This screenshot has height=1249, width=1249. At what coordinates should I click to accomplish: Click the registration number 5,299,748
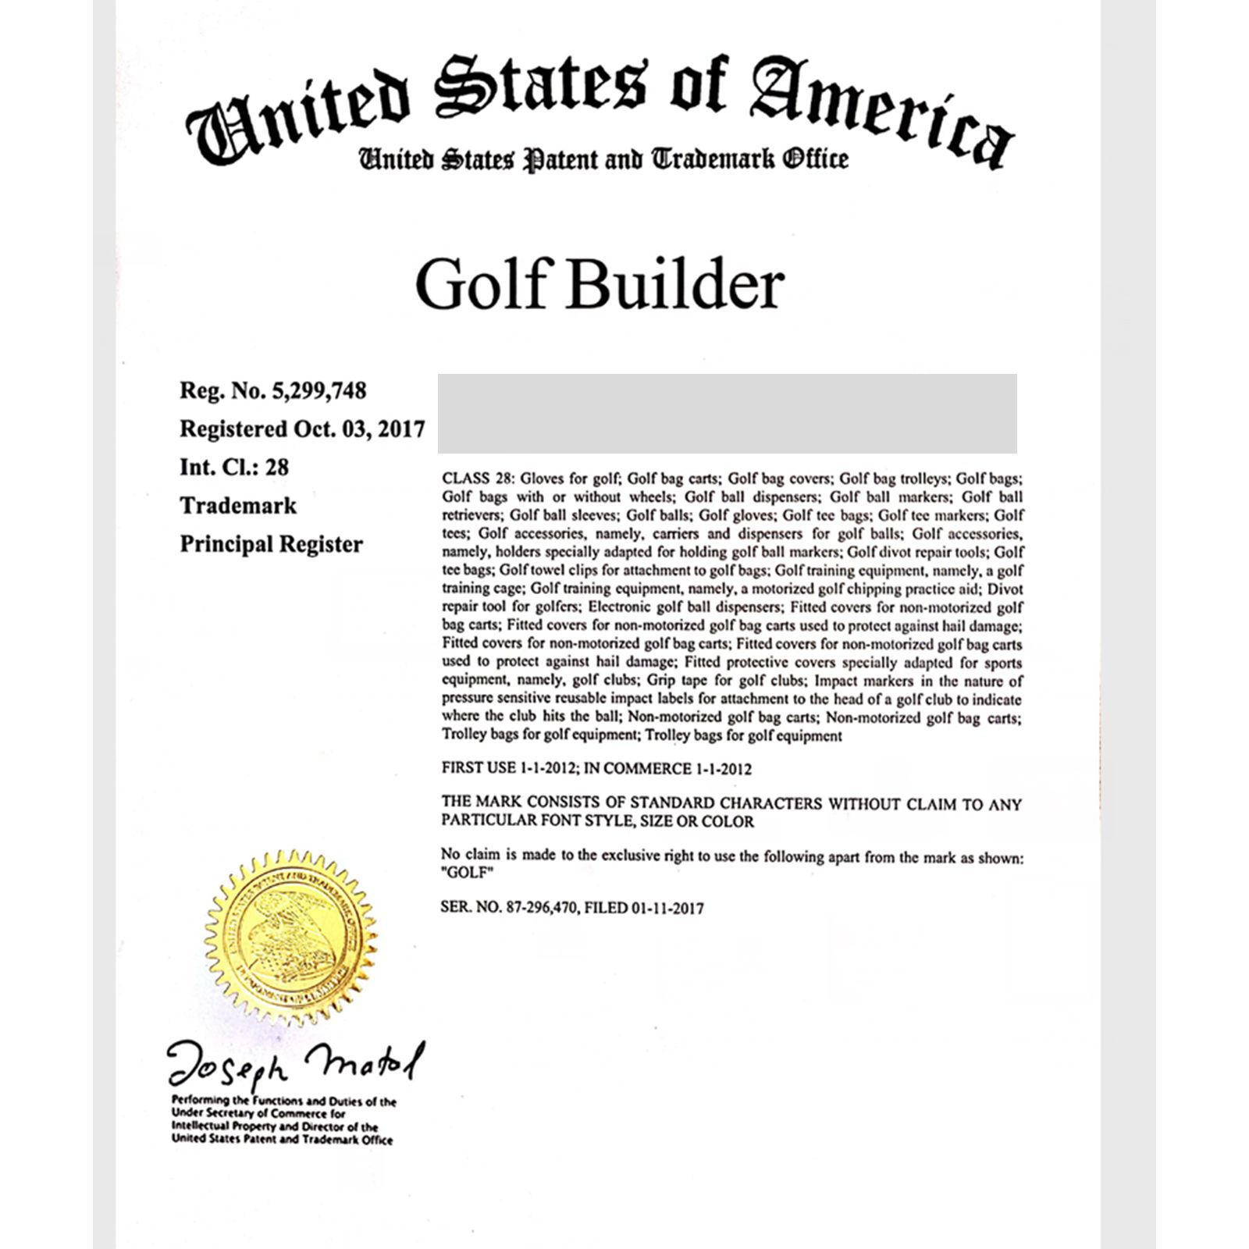[318, 390]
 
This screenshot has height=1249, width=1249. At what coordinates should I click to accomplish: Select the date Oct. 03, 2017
[359, 429]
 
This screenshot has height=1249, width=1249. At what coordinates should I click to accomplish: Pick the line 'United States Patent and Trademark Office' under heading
[602, 159]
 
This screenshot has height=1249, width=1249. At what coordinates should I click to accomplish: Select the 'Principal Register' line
[271, 544]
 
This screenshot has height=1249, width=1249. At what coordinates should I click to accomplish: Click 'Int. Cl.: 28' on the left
[234, 467]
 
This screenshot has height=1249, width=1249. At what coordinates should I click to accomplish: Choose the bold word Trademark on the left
[238, 506]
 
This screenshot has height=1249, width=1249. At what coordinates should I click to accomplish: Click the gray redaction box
[727, 413]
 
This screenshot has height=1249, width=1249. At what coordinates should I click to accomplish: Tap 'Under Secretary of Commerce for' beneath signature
[258, 1114]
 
